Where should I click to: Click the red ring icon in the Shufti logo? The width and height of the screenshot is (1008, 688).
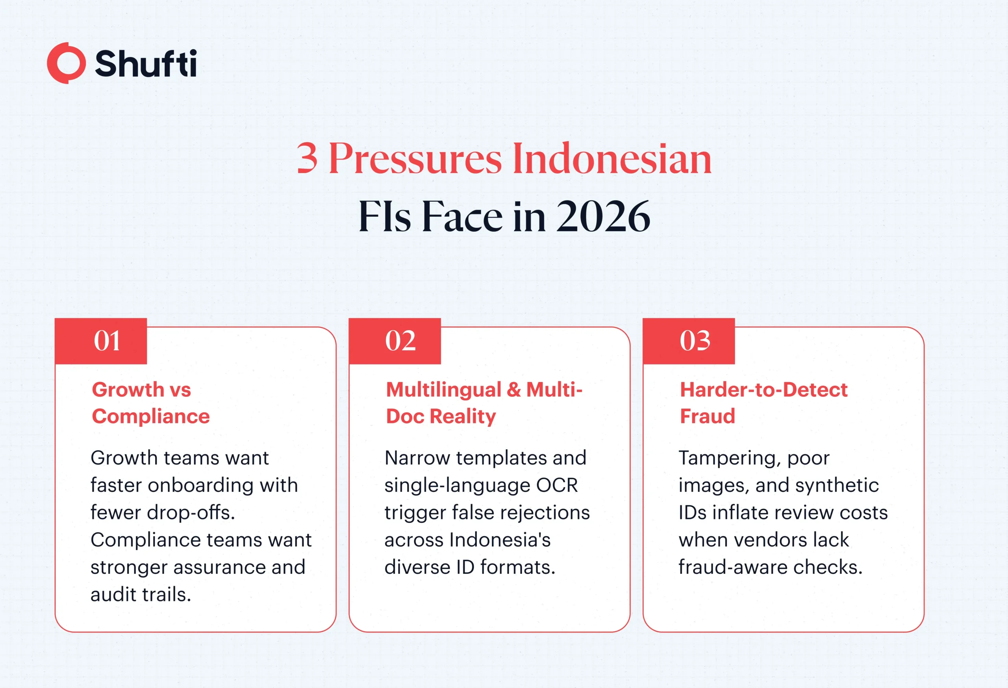click(x=66, y=63)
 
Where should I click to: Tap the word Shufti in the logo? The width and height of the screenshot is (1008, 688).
click(x=146, y=63)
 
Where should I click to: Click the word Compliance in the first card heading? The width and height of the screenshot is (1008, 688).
click(x=151, y=416)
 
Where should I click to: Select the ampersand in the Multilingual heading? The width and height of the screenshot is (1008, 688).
click(x=513, y=389)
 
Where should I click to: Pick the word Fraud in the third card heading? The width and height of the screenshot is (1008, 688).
click(x=708, y=416)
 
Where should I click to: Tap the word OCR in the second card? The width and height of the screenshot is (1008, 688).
click(x=557, y=485)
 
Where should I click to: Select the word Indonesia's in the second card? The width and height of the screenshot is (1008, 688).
click(x=500, y=540)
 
